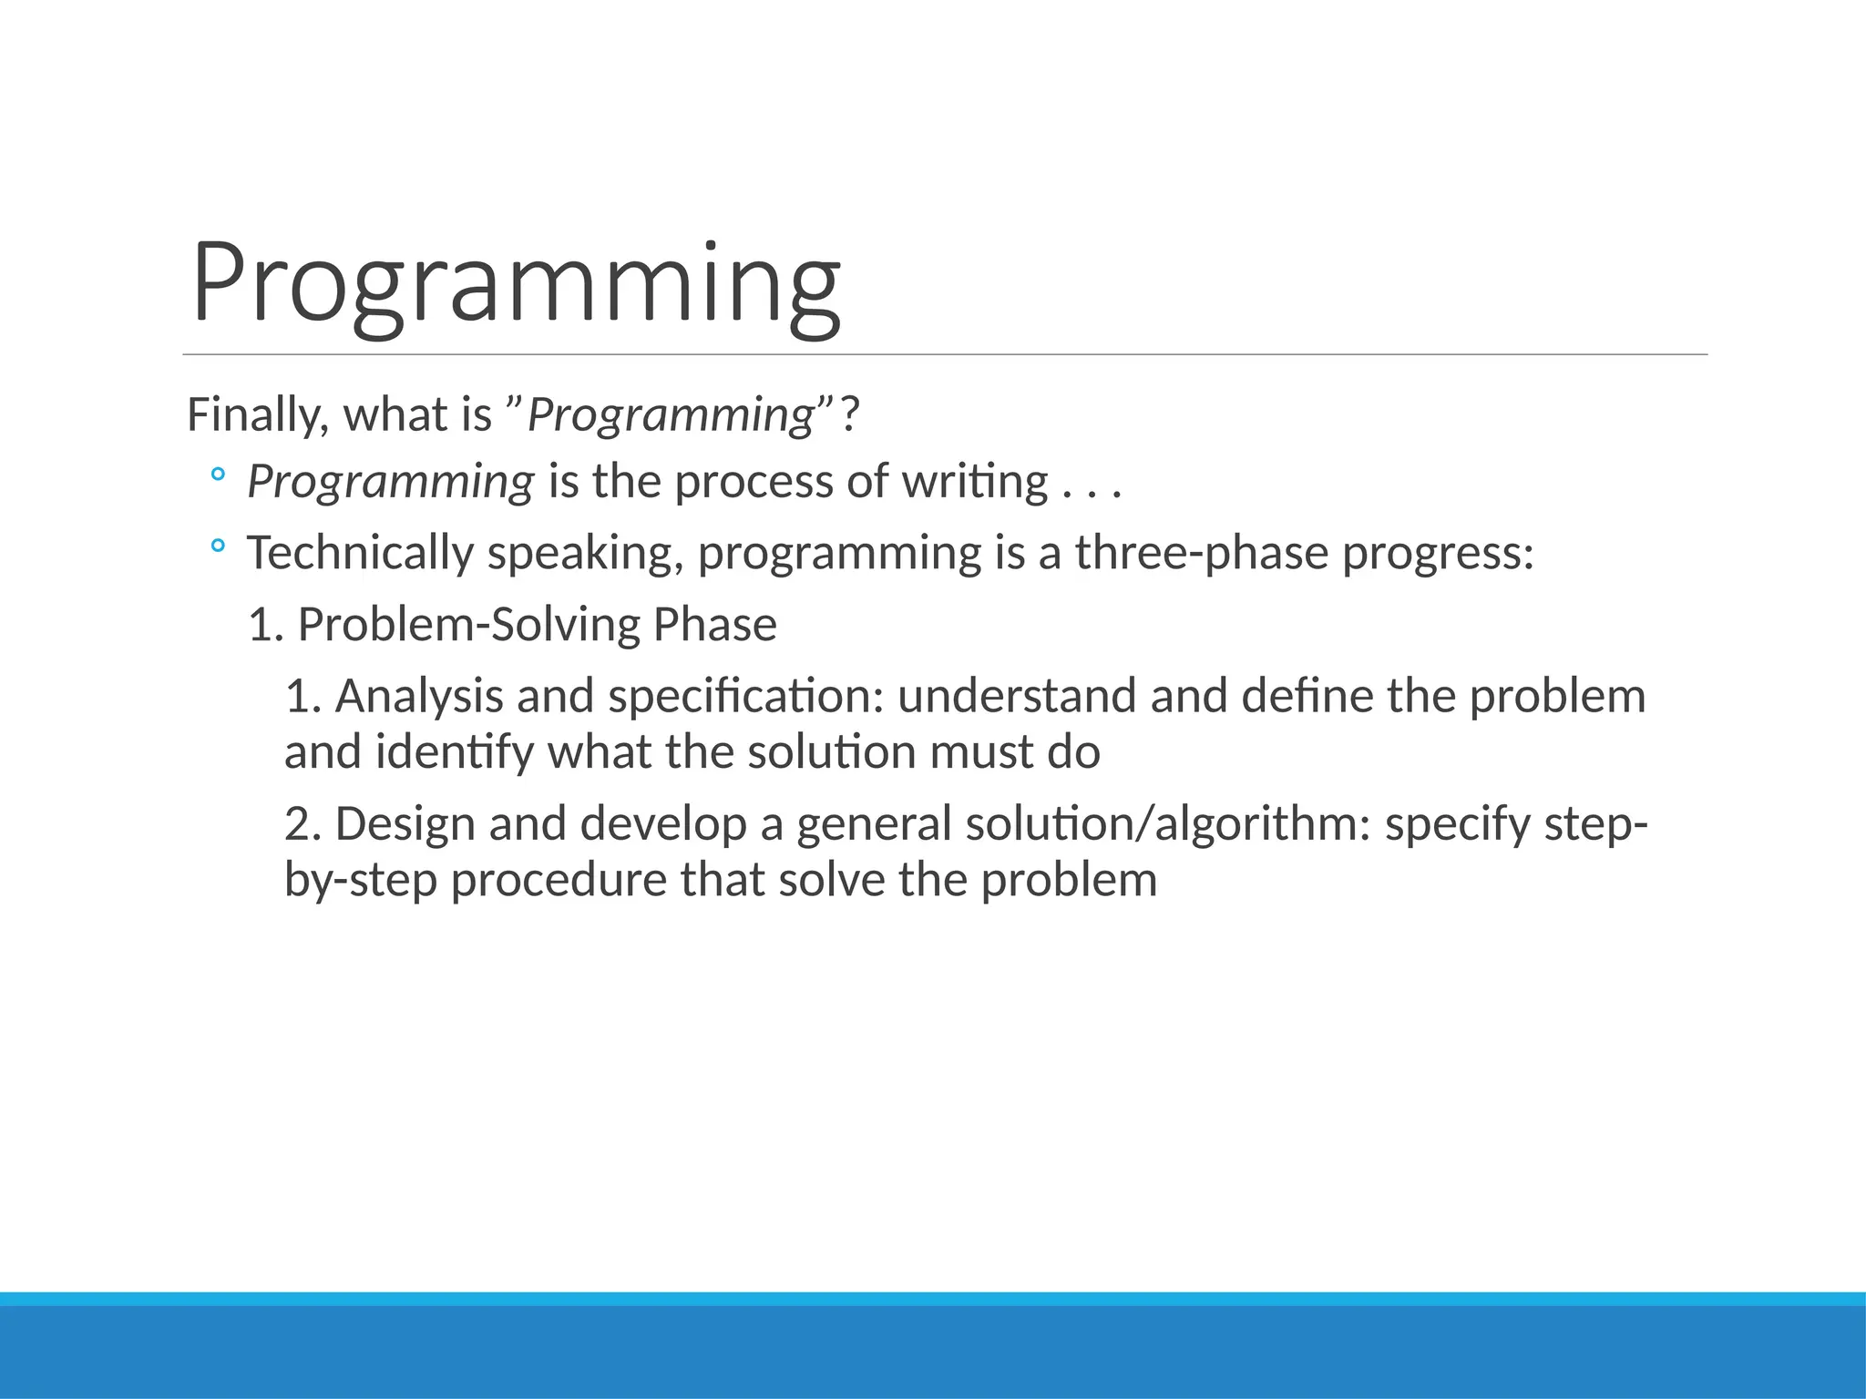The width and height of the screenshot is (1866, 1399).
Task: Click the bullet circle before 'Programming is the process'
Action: (x=217, y=475)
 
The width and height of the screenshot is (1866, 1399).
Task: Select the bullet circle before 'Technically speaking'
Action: (x=217, y=546)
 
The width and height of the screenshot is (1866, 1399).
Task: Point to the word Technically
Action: (x=360, y=553)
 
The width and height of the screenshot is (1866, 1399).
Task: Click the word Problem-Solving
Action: (x=469, y=625)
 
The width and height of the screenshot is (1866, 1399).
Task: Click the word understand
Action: (x=1016, y=697)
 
